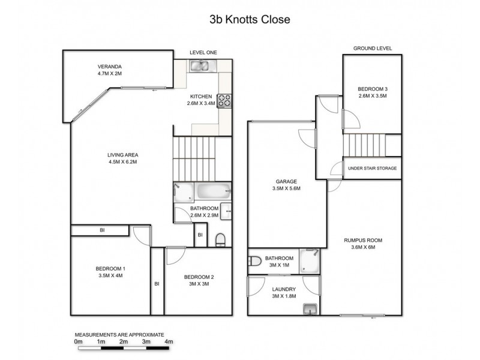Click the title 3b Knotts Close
pos(250,19)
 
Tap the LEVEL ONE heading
pos(203,53)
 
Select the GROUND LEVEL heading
pos(372,48)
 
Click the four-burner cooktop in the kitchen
pos(224,101)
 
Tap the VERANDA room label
pos(110,67)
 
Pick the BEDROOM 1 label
pos(110,268)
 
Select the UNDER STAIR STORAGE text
pos(372,169)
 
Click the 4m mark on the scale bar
pos(169,341)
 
